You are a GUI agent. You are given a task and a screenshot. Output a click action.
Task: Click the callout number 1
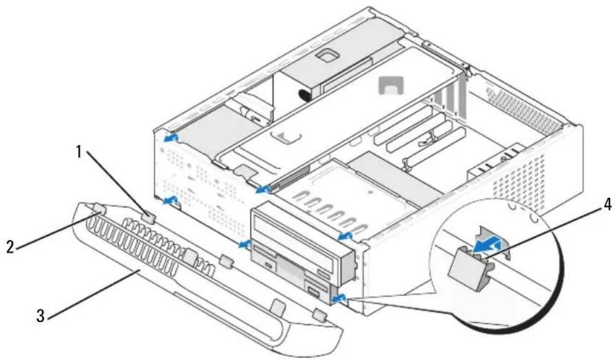(79, 152)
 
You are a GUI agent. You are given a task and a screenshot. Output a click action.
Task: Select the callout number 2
(10, 247)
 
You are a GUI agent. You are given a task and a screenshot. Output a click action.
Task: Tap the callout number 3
(41, 316)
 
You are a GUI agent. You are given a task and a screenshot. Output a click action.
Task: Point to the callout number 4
(607, 205)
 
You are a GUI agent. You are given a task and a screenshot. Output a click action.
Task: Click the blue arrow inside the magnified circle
(487, 246)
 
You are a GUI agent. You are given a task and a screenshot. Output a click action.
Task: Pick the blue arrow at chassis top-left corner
(171, 138)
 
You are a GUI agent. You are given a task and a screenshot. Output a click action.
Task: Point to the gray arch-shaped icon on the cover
(391, 85)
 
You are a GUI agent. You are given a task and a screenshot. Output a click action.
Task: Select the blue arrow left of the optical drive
(246, 244)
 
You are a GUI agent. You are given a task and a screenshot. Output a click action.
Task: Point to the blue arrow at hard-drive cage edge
(263, 190)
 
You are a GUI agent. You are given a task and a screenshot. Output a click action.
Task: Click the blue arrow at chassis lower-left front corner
(170, 202)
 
